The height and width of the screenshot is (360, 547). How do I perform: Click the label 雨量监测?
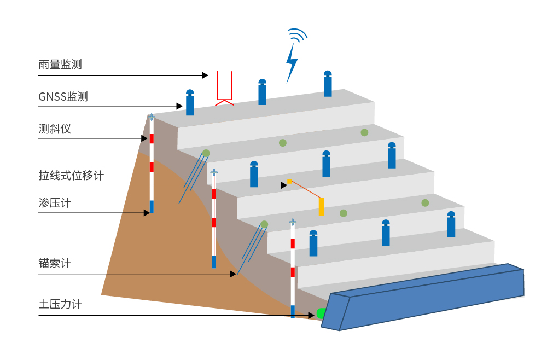click(60, 64)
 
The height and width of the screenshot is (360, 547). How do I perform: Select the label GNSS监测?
click(63, 97)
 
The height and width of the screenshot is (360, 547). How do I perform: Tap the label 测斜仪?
click(55, 129)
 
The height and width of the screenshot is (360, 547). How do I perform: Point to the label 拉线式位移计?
click(71, 176)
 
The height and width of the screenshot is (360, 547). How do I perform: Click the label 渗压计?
click(55, 203)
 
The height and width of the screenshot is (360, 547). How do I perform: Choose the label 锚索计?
click(55, 263)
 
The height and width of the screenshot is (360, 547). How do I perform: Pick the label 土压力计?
click(60, 304)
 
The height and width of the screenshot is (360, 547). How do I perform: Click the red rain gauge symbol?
click(225, 89)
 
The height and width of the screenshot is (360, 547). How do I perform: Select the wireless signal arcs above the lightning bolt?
click(298, 36)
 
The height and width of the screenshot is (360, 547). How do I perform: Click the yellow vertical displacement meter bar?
click(321, 206)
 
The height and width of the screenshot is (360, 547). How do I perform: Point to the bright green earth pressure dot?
click(321, 313)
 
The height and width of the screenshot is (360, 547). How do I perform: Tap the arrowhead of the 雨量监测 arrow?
click(205, 75)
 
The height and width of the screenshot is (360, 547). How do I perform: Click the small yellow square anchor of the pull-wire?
click(289, 181)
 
